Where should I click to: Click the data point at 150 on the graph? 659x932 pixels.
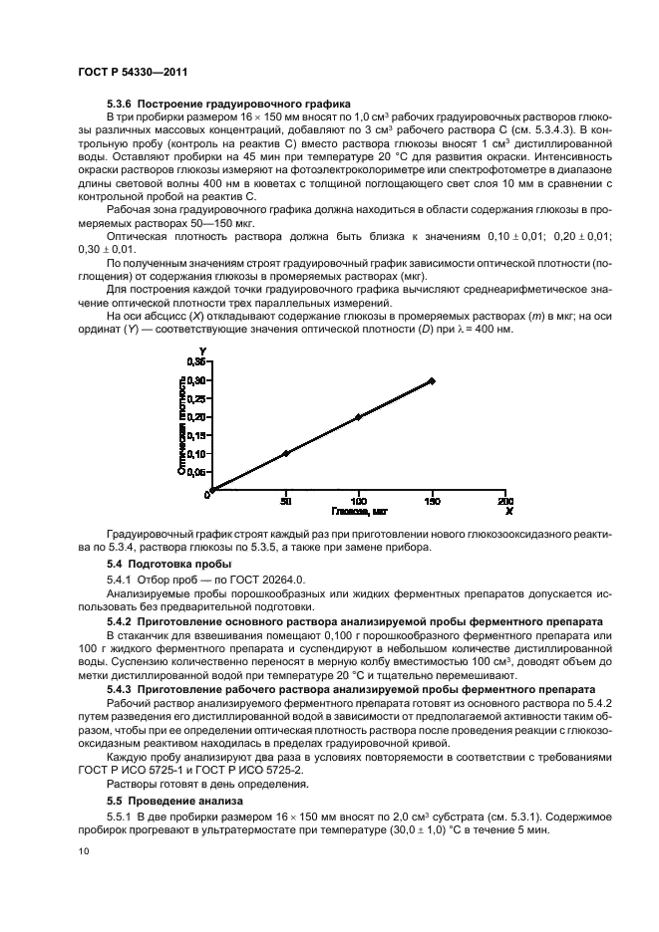[432, 380]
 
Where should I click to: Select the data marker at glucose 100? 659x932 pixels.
[358, 416]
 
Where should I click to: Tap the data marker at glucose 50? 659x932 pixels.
[286, 453]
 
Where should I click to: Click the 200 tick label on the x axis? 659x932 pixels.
[506, 501]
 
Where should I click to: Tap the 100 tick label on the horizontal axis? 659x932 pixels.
[358, 501]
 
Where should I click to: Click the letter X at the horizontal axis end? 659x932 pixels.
[508, 511]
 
